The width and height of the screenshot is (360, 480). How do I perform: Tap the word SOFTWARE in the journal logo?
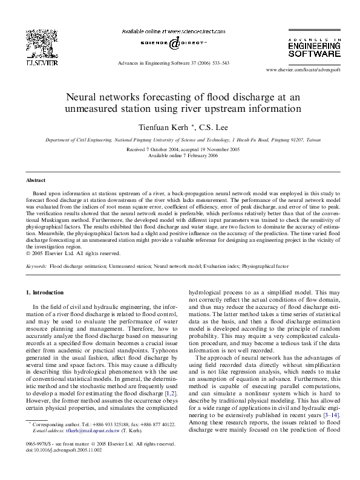[x=315, y=53]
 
